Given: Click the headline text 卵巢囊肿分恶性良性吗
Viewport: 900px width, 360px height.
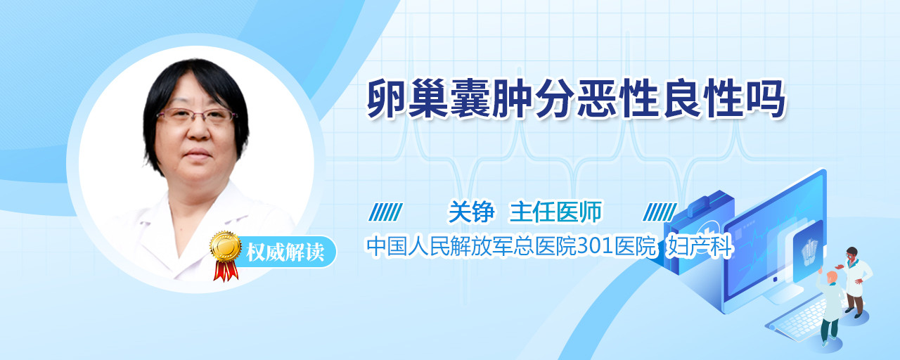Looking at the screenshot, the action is point(576,99).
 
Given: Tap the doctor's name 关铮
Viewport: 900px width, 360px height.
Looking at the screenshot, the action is point(471,212).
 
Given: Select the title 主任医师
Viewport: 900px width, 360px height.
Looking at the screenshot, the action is point(555,212).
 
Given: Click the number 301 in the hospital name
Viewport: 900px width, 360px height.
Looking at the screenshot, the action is point(594,246).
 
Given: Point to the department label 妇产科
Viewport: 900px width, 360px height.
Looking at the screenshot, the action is point(699,246).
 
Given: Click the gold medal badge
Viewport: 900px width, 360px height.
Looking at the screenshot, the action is point(226,245).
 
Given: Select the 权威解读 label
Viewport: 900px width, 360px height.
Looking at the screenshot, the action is point(285,252).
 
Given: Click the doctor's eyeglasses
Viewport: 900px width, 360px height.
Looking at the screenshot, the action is point(195,116).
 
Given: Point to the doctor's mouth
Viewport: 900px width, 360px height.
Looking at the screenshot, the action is point(198,154).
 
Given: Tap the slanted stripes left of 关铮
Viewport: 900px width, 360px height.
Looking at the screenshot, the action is point(386,212).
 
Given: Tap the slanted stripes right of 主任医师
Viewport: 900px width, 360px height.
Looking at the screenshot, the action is point(660,212).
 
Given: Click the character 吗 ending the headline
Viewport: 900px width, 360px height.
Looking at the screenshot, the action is point(766,99).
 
